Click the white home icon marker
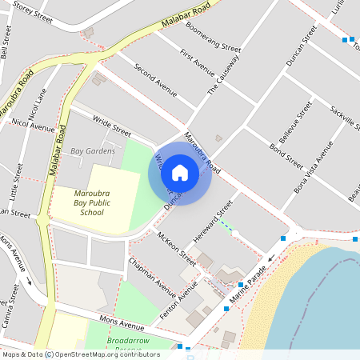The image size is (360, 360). pyautogui.click(x=180, y=173)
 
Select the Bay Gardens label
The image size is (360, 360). pyautogui.click(x=93, y=150)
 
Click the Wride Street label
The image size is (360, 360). pyautogui.click(x=111, y=126)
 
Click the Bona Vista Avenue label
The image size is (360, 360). pyautogui.click(x=313, y=166)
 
